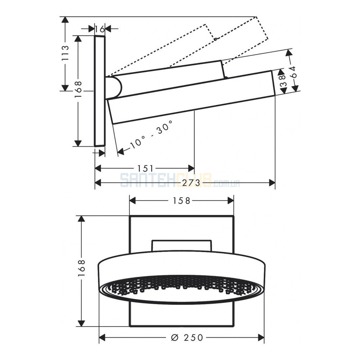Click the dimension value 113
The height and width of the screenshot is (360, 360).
coord(66,53)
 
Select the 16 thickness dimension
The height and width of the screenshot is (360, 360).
coord(100,29)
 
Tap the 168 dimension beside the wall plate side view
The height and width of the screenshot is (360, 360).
coord(78,89)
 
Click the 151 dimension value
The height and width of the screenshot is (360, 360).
coord(145,168)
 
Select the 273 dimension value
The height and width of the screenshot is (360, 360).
coord(192,183)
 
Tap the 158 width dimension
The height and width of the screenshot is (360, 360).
coord(181,201)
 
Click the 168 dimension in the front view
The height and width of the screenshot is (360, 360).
coord(81,268)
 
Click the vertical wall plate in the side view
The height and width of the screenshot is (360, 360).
coord(100,91)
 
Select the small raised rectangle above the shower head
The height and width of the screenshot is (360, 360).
coord(181,246)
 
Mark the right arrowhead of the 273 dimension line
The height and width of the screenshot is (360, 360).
coord(272,183)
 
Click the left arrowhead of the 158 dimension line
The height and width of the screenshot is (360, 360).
coord(133,201)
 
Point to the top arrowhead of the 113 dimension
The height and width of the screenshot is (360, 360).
coord(66,20)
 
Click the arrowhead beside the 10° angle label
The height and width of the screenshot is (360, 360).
coord(121,151)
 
